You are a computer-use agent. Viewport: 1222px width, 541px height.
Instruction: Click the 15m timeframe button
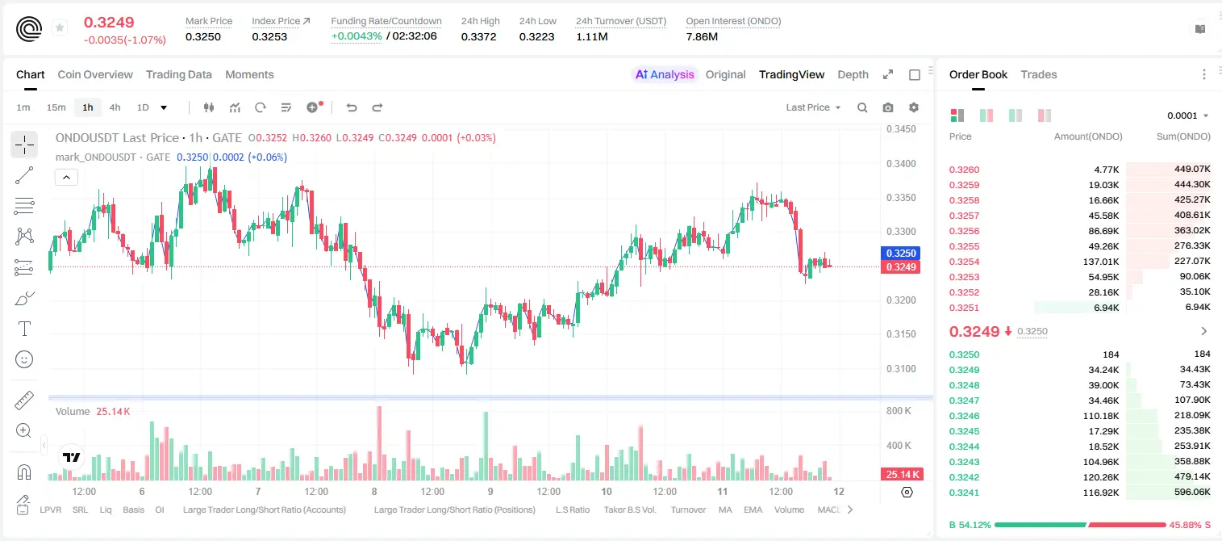tap(56, 107)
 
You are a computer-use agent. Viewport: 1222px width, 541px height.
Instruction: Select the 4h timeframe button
tap(115, 107)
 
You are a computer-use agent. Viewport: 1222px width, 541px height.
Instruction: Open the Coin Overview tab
tap(95, 74)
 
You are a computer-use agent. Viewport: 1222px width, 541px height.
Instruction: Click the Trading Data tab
tap(178, 74)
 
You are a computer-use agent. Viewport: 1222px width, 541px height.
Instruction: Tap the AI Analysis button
tap(665, 74)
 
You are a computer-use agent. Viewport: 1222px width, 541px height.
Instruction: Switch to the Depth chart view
tap(853, 74)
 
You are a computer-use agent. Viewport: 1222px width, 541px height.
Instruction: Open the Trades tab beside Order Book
tap(1039, 74)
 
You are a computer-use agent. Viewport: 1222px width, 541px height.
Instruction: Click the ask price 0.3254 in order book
tap(964, 262)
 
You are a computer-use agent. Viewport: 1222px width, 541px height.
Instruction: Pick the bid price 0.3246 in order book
tap(964, 416)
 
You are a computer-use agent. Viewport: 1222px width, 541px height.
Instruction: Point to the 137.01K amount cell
tap(1100, 262)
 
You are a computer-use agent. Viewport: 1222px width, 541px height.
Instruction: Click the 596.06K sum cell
tap(1192, 492)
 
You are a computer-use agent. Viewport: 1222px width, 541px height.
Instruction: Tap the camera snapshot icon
tap(888, 107)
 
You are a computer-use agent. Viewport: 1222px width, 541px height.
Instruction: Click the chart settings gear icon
tap(914, 107)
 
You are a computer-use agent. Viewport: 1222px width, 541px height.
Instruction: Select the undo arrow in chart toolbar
tap(352, 107)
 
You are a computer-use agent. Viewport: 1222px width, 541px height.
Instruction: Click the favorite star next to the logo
tap(60, 27)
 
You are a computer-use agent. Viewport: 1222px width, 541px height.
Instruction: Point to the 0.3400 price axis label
tap(901, 164)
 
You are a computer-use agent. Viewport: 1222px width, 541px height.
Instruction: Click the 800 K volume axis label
tap(899, 410)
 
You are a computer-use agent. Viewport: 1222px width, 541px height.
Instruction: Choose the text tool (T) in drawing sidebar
tap(24, 329)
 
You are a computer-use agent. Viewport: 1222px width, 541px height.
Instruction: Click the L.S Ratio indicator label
tap(572, 510)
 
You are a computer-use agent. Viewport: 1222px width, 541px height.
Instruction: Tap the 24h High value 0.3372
tap(478, 36)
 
